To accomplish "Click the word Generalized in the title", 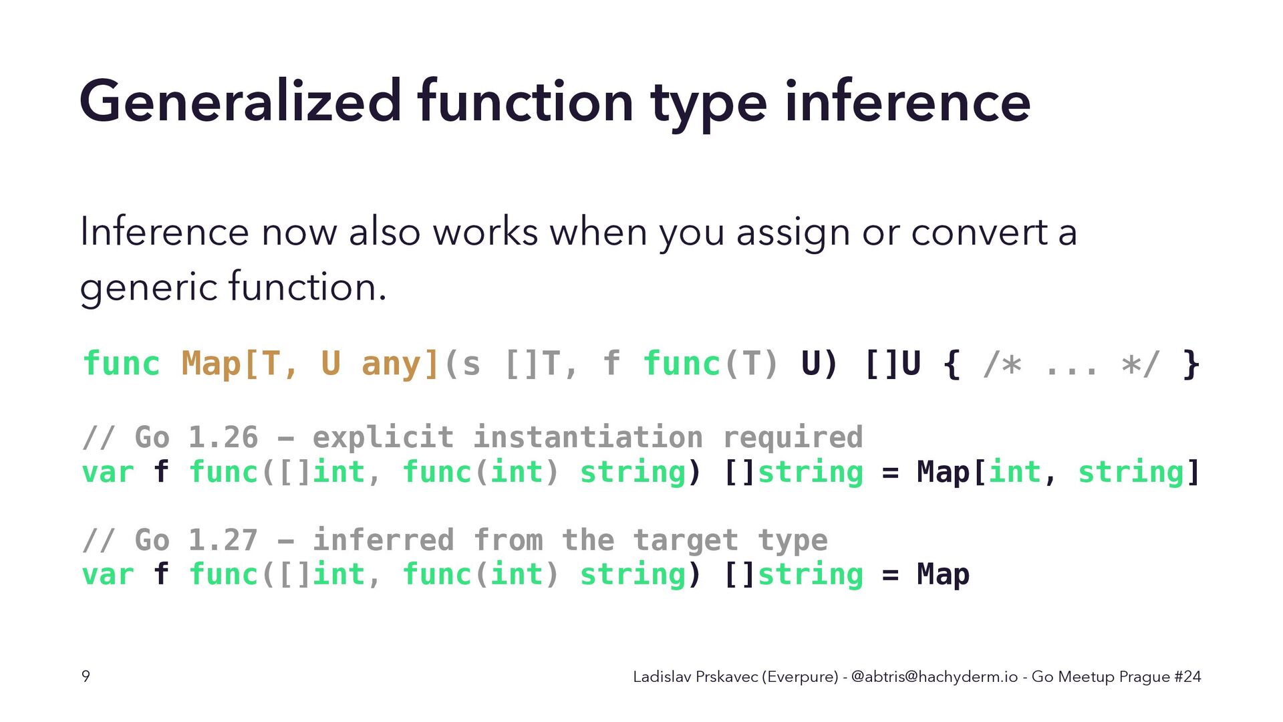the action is (x=241, y=102).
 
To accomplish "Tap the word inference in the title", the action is (x=907, y=102).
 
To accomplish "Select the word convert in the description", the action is (x=979, y=233).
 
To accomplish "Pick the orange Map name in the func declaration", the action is (x=211, y=364).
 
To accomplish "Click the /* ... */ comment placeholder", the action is (x=1071, y=364).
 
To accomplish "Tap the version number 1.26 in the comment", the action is (x=223, y=437).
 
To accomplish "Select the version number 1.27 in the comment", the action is (x=223, y=540).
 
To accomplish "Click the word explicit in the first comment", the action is (x=383, y=437).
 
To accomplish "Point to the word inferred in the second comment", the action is (x=383, y=540).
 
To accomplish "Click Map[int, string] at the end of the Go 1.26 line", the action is (x=1058, y=473).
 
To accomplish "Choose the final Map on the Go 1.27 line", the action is (x=943, y=575).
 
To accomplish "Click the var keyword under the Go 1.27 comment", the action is (x=108, y=575).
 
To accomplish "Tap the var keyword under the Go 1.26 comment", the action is (x=108, y=473).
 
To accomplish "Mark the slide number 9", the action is (x=86, y=677).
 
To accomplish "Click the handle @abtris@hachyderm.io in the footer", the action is (x=934, y=677).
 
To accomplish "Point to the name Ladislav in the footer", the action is (x=662, y=677).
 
